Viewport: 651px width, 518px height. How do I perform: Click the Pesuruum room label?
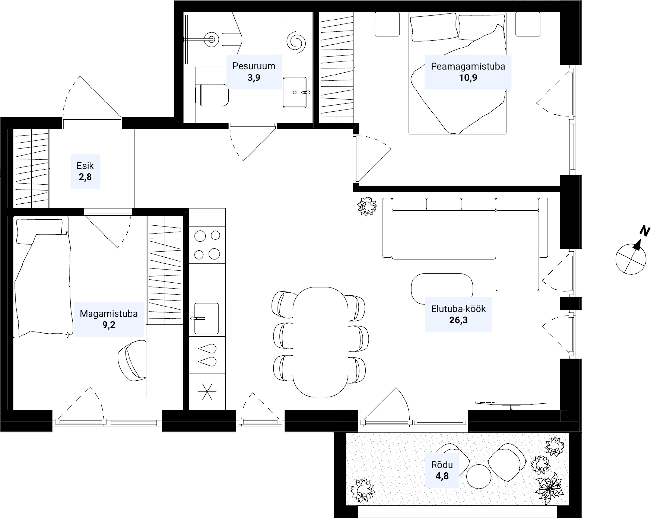(x=254, y=66)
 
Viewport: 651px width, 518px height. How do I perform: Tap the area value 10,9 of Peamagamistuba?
(x=468, y=78)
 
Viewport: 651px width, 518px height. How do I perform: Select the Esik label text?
(x=85, y=166)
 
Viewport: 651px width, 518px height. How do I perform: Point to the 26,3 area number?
(x=458, y=320)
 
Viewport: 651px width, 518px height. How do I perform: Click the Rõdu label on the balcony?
(x=442, y=465)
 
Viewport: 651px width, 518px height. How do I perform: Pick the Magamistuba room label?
(x=109, y=314)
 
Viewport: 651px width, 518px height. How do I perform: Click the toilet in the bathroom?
(x=212, y=95)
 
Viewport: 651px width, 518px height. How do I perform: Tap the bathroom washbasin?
(x=295, y=92)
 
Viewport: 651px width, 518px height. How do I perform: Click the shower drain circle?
(x=212, y=40)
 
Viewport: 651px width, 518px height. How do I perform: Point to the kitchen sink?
(x=206, y=318)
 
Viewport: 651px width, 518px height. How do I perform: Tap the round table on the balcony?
(x=478, y=476)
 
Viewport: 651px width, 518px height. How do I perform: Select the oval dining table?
(x=321, y=342)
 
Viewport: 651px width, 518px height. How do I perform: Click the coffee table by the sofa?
(x=442, y=289)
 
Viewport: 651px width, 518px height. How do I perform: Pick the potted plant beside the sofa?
(x=367, y=206)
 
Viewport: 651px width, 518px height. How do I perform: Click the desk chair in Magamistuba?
(x=132, y=361)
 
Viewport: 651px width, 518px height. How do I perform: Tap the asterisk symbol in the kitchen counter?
(x=207, y=391)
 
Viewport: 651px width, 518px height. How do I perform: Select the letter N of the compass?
(x=644, y=231)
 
